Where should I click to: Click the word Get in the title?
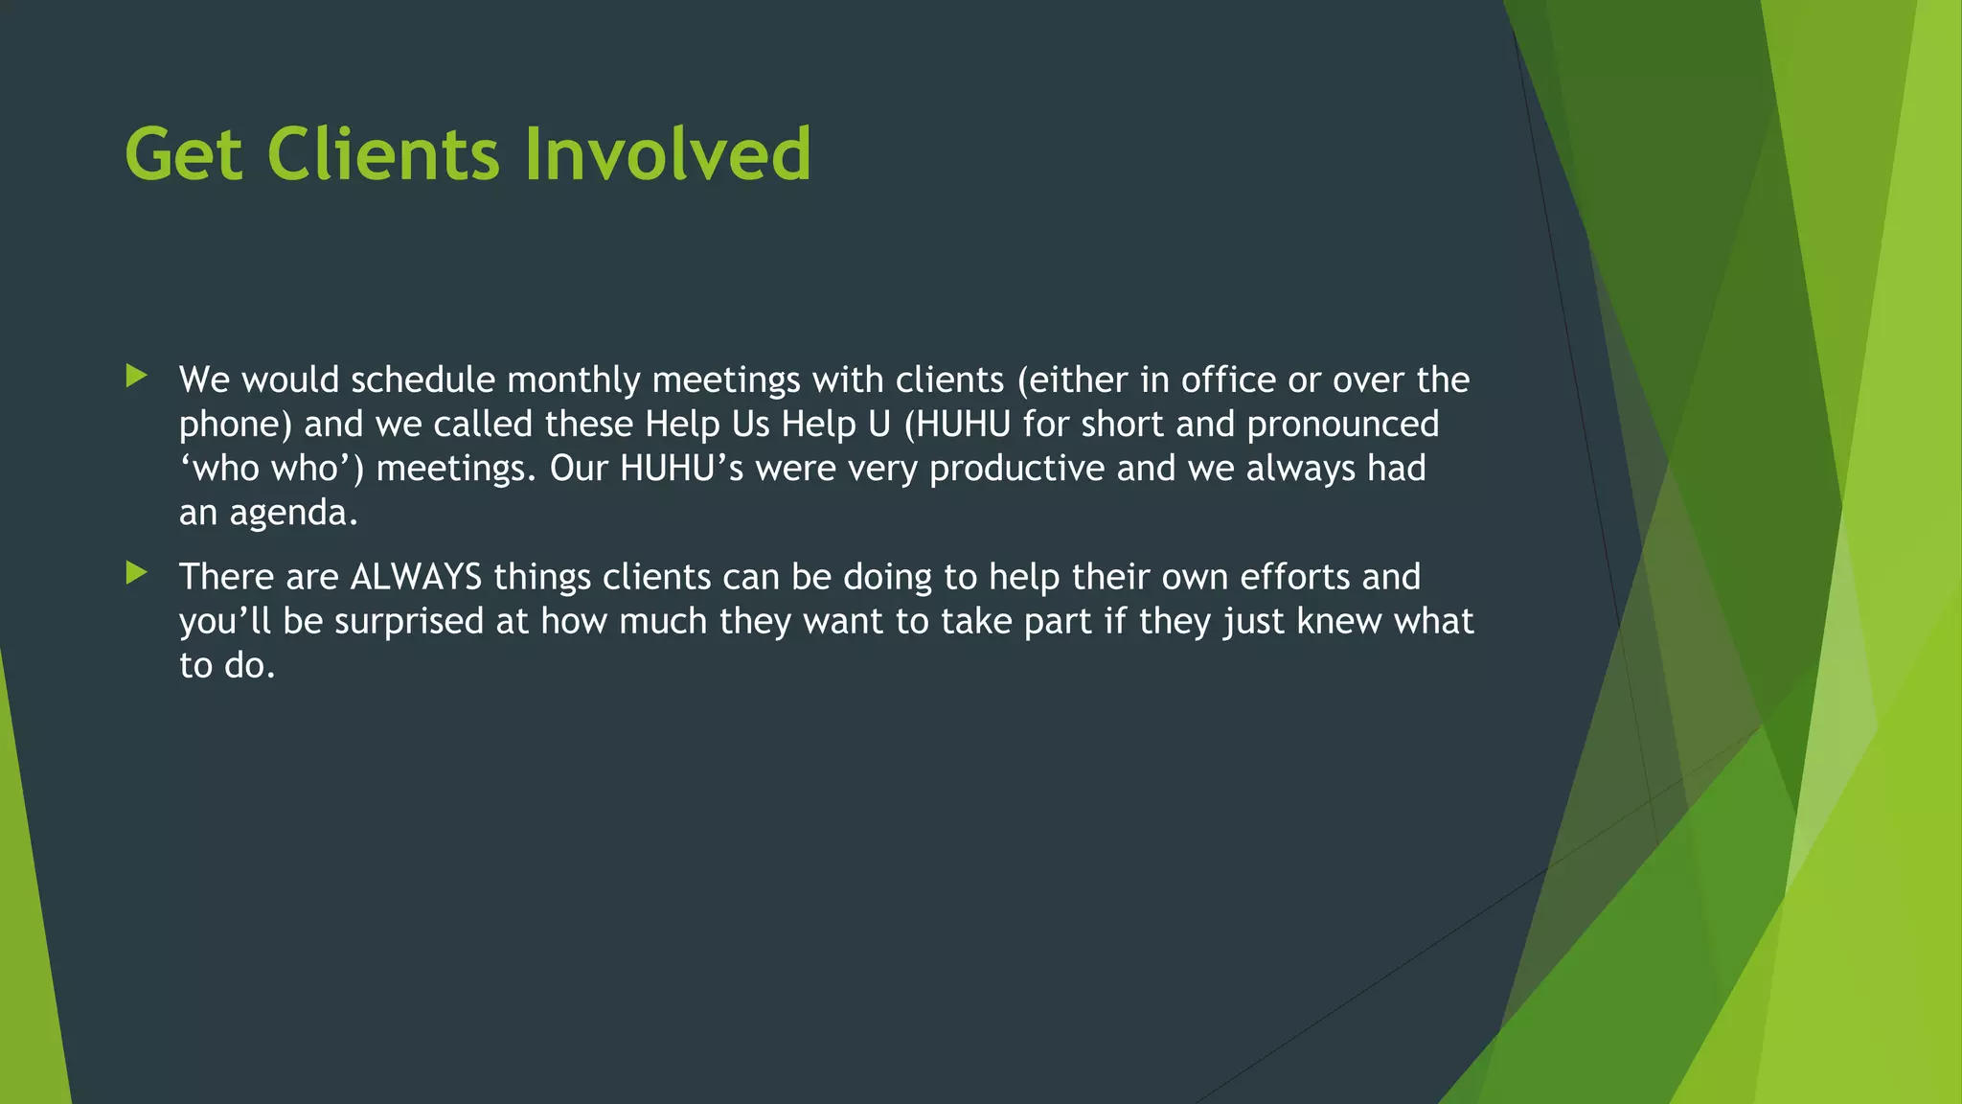pyautogui.click(x=183, y=154)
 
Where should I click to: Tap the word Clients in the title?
pyautogui.click(x=383, y=154)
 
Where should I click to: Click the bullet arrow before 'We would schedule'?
pyautogui.click(x=136, y=377)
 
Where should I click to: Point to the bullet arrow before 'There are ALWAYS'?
pyautogui.click(x=136, y=574)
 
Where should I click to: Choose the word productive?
pyautogui.click(x=1016, y=469)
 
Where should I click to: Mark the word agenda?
pyautogui.click(x=293, y=514)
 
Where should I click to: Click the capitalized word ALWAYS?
pyautogui.click(x=416, y=577)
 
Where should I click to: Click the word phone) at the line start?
pyautogui.click(x=236, y=425)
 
